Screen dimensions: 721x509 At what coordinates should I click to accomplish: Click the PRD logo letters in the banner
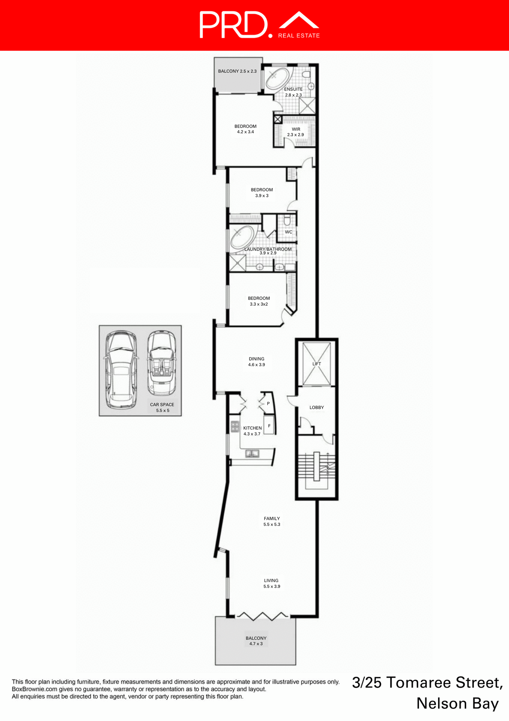[x=233, y=25]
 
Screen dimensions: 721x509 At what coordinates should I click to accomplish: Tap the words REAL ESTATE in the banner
[x=299, y=36]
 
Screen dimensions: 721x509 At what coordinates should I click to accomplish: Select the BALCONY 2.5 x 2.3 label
[x=237, y=71]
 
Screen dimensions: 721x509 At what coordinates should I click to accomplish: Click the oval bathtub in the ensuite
[x=277, y=78]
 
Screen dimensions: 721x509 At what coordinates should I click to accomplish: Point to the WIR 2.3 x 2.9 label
[x=296, y=132]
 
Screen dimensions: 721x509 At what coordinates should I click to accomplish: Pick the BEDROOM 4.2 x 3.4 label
[x=245, y=129]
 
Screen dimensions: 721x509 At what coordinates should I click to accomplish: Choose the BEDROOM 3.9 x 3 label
[x=262, y=193]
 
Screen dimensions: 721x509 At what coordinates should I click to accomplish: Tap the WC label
[x=288, y=232]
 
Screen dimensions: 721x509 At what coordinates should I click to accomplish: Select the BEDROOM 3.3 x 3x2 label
[x=259, y=301]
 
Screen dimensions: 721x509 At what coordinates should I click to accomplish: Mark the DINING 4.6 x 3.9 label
[x=257, y=362]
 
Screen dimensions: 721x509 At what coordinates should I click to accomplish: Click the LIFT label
[x=317, y=364]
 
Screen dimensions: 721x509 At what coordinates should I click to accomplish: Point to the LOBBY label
[x=317, y=407]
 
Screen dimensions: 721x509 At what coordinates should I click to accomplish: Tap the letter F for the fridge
[x=269, y=426]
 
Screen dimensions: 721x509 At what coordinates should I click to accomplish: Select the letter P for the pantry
[x=268, y=404]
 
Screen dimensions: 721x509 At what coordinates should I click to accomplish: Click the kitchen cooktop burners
[x=235, y=427]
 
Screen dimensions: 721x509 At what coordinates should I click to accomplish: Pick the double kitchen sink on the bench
[x=252, y=454]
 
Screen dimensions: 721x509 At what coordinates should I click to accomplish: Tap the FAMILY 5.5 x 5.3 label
[x=272, y=521]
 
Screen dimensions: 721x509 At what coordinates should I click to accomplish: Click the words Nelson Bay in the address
[x=458, y=703]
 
